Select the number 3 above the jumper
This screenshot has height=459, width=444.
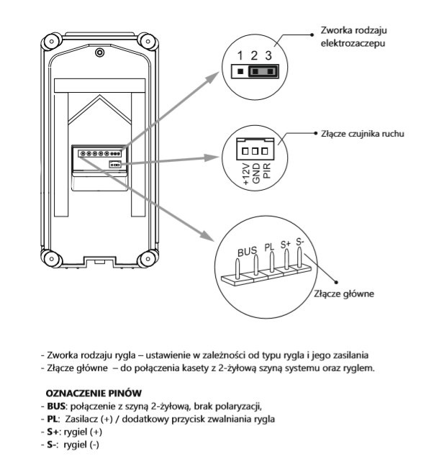(269, 56)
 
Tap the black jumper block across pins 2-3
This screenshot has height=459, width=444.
(261, 71)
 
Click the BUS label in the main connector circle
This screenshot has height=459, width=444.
(247, 253)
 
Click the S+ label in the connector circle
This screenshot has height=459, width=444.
(286, 245)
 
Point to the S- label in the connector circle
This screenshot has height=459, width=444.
(301, 242)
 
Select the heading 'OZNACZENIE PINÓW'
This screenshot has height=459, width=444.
(85, 394)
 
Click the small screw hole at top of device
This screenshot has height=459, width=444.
(100, 53)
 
